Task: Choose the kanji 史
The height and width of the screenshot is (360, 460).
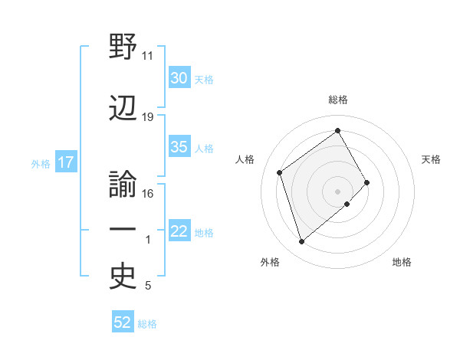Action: (123, 278)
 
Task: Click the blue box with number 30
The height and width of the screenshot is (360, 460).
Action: (179, 78)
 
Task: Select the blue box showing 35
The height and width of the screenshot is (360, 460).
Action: (179, 148)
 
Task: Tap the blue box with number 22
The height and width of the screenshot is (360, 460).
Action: (179, 232)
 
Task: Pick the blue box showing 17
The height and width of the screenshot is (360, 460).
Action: (65, 162)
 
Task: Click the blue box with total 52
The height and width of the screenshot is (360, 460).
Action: (123, 323)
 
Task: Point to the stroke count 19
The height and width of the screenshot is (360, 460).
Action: (148, 117)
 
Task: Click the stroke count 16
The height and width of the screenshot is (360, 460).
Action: (148, 194)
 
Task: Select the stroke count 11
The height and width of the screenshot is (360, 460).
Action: (148, 56)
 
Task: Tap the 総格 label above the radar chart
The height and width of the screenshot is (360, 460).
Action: (338, 100)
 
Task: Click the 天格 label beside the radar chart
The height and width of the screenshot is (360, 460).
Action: (432, 159)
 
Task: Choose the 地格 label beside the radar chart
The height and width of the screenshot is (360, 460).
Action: (402, 263)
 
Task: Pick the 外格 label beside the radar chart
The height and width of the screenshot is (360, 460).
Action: (270, 263)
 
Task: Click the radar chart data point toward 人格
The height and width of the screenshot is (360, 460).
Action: (280, 172)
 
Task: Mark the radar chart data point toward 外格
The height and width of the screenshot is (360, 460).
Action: (301, 242)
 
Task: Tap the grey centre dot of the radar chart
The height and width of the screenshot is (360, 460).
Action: (337, 190)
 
